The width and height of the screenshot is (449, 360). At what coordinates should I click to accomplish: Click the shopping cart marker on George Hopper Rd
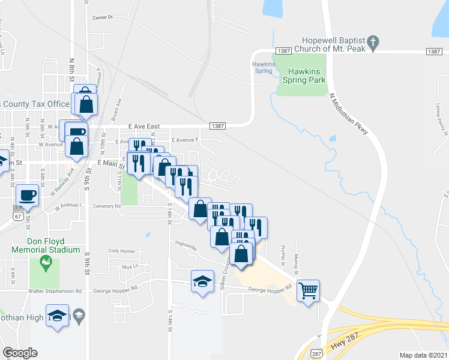click(x=309, y=291)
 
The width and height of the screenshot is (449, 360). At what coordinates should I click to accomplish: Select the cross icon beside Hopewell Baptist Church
click(x=373, y=43)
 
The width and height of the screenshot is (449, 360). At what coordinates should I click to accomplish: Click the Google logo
click(x=19, y=353)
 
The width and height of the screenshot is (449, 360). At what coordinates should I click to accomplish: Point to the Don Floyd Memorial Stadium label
click(x=46, y=245)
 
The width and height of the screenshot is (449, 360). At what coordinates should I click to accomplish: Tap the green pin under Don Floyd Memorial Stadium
click(x=44, y=261)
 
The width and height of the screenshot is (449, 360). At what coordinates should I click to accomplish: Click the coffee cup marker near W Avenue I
click(x=27, y=194)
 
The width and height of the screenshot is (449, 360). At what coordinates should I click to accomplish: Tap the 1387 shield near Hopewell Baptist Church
click(x=283, y=52)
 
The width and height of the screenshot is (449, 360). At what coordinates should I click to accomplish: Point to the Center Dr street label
click(x=103, y=17)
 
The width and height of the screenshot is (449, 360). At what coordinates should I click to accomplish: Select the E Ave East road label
click(x=144, y=127)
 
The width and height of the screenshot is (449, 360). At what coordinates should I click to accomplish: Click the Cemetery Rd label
click(x=107, y=206)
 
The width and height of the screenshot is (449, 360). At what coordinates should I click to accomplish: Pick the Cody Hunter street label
click(x=121, y=250)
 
